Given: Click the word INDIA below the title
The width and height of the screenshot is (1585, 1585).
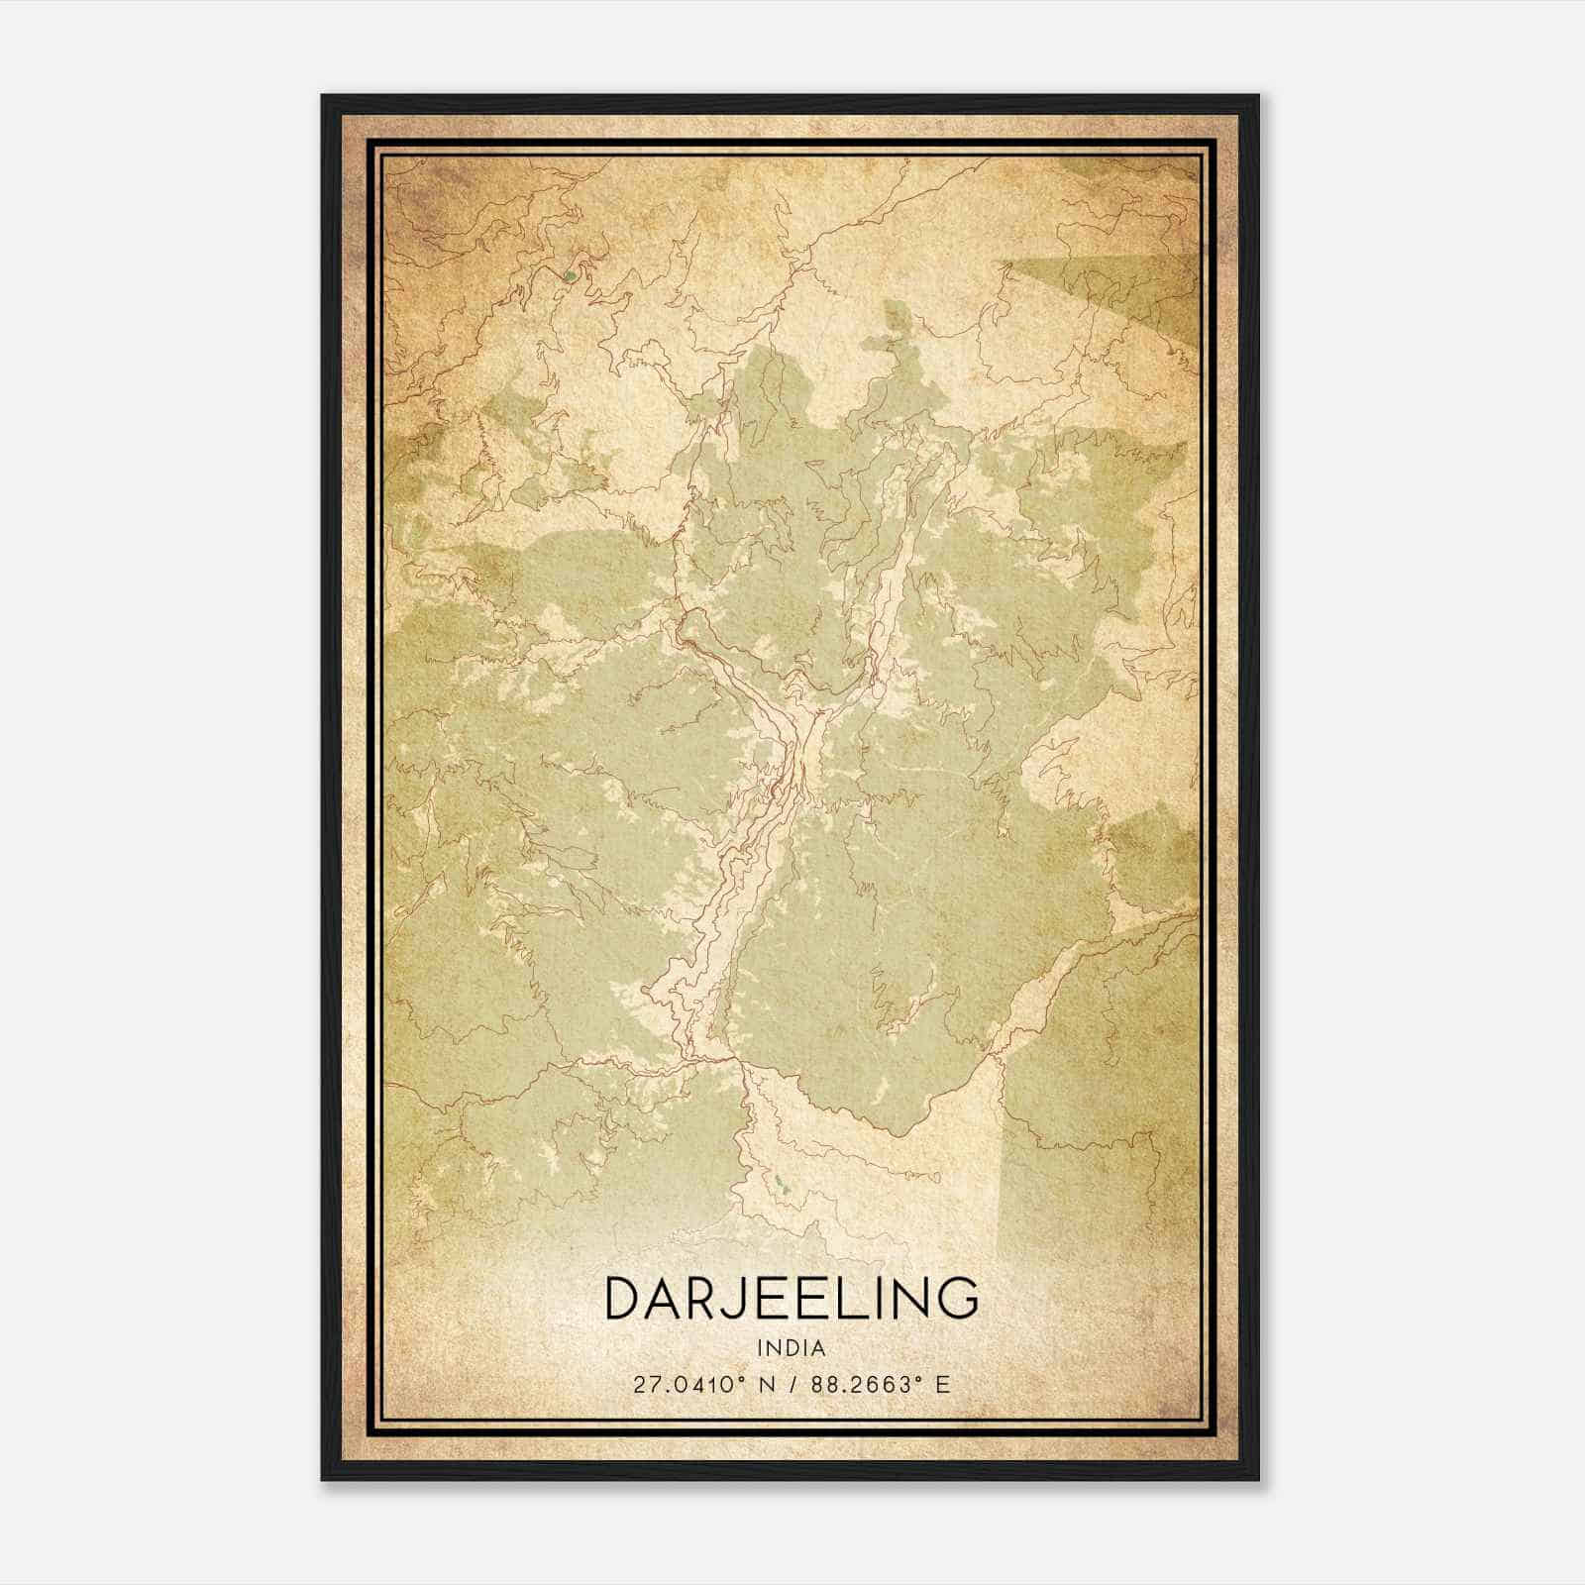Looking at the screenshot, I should click(x=791, y=1347).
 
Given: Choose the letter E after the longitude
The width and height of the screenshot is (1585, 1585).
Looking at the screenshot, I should click(x=943, y=1384).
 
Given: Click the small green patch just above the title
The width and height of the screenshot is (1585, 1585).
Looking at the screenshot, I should click(x=784, y=1182).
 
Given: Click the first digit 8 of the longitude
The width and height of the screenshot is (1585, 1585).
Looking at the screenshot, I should click(x=817, y=1384).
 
